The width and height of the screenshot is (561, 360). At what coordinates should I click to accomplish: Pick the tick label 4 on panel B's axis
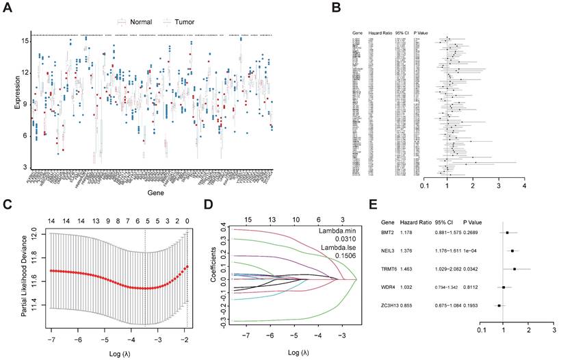(x=524, y=185)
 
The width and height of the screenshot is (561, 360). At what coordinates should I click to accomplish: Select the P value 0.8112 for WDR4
(x=473, y=288)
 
